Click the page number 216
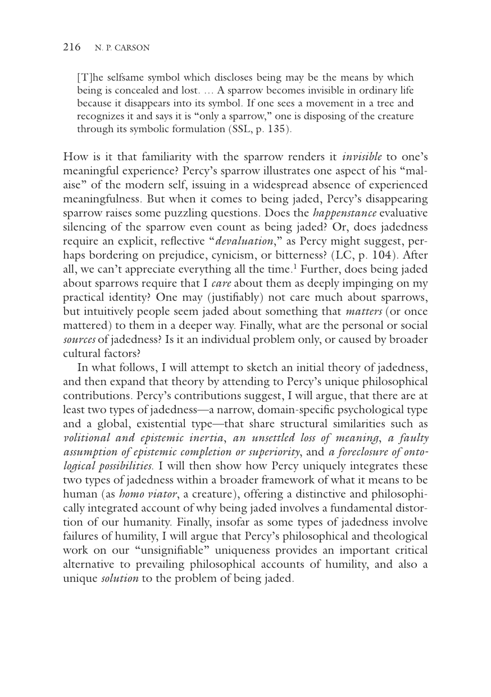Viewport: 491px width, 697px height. tap(71, 47)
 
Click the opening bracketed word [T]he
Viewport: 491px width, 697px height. tap(89, 77)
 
